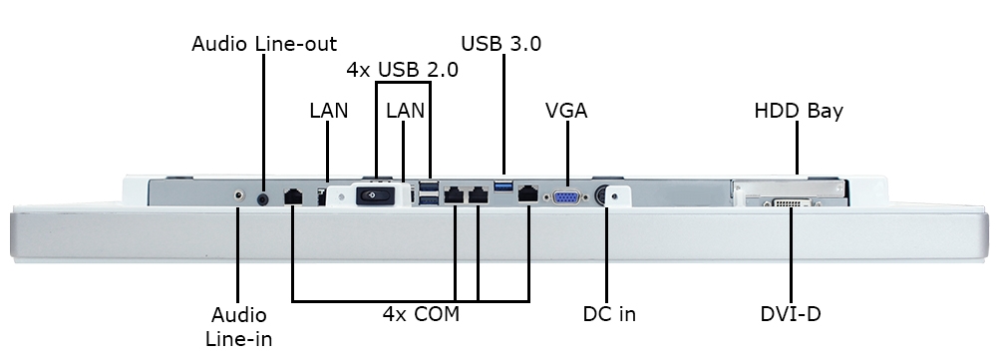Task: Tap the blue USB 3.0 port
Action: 503,186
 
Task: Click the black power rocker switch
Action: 377,196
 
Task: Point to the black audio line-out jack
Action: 263,198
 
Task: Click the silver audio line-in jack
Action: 238,196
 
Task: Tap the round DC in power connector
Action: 604,196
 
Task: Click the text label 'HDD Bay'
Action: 799,111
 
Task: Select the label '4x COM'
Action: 421,314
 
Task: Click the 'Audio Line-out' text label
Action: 264,44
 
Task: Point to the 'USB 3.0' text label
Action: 500,44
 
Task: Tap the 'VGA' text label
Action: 566,111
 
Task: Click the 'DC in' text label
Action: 608,314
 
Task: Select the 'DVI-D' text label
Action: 790,314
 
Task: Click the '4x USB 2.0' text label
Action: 402,70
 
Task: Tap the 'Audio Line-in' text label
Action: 239,326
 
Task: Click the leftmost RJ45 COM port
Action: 293,196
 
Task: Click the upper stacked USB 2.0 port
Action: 430,187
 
